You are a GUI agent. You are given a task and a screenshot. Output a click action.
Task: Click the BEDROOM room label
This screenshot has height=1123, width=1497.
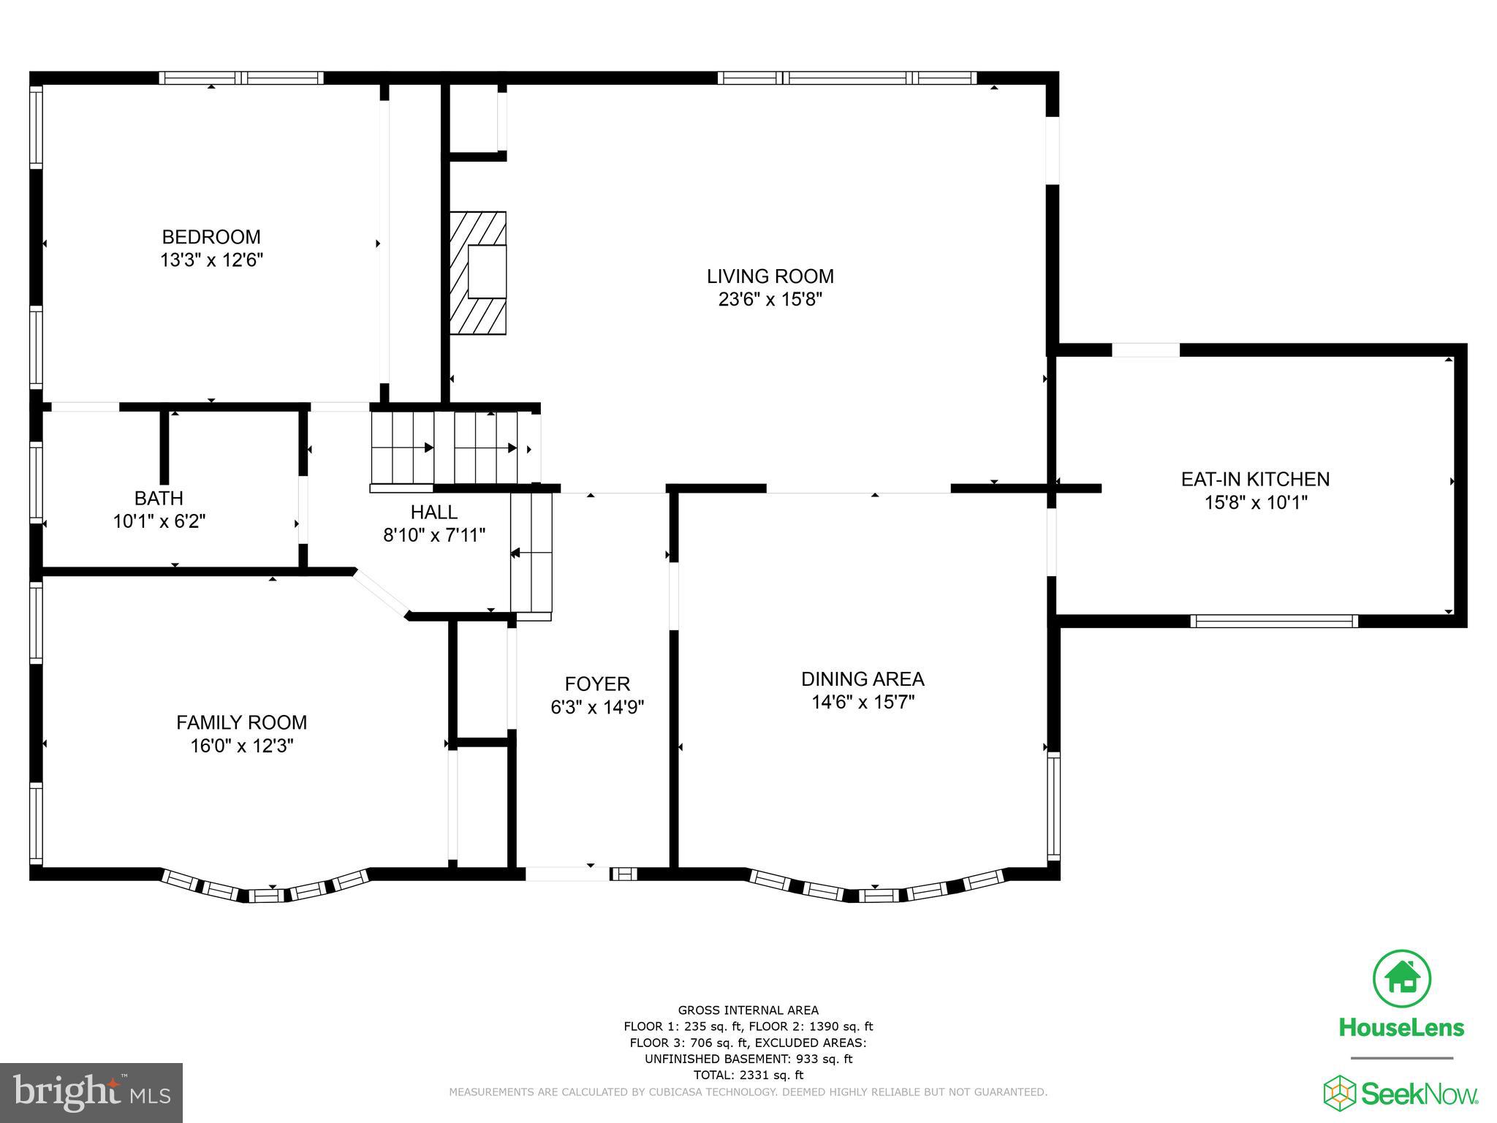[211, 237]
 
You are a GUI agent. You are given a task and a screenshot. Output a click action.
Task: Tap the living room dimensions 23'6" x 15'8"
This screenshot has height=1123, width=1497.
[770, 299]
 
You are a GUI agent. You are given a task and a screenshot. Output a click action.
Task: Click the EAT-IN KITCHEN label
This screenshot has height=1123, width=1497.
[1255, 479]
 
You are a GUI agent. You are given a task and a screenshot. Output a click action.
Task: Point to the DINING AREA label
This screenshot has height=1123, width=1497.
[863, 678]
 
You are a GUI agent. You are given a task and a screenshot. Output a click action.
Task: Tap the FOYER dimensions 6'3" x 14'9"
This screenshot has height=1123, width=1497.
[596, 707]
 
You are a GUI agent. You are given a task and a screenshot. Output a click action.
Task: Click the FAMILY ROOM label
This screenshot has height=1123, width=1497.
[241, 722]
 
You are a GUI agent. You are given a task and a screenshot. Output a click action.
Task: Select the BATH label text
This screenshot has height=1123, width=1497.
[159, 498]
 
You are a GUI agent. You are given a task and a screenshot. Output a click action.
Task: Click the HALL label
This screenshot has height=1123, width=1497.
[433, 512]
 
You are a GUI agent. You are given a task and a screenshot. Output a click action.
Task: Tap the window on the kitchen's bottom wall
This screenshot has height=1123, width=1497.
[1273, 621]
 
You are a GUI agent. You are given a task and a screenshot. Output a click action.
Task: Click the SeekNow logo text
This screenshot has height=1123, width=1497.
[1417, 1094]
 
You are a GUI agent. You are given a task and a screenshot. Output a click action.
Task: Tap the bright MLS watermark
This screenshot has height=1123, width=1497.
[91, 1092]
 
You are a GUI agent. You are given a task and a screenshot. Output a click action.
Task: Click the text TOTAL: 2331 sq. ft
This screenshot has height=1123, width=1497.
[748, 1075]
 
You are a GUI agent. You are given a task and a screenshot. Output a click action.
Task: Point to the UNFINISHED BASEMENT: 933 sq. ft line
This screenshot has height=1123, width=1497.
[748, 1059]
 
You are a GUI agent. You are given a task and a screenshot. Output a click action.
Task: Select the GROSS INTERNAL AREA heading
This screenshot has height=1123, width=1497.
[748, 1010]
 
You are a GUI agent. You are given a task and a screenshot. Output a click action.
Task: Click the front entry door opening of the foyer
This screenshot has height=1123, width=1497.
[567, 873]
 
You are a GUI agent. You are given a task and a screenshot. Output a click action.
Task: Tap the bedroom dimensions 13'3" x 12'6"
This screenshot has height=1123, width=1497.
[211, 260]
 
